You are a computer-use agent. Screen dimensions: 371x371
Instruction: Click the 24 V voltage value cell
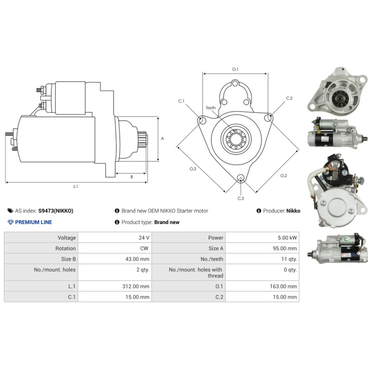point(115,237)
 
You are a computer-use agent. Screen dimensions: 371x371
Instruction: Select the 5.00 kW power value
point(262,237)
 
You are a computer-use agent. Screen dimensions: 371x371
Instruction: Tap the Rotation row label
point(65,248)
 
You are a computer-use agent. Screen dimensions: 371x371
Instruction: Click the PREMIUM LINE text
point(33,222)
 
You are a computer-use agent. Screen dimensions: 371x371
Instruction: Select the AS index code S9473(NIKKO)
point(56,211)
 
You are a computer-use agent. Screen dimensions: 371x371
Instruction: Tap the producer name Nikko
point(293,211)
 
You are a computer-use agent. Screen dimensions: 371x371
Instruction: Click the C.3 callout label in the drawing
point(241,198)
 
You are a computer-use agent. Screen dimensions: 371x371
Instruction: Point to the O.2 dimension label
point(283,176)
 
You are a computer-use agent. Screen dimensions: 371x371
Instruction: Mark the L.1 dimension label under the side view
point(76,186)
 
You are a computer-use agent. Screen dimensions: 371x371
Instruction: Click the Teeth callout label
point(211,108)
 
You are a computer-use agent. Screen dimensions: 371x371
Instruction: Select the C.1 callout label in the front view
point(181,101)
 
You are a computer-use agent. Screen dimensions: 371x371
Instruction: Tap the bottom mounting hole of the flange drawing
point(241,178)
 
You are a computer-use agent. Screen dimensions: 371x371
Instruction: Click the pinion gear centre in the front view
point(236,139)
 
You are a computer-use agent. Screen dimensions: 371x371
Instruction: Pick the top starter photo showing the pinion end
point(337,90)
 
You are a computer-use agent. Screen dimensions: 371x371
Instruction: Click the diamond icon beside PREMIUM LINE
point(11,222)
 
